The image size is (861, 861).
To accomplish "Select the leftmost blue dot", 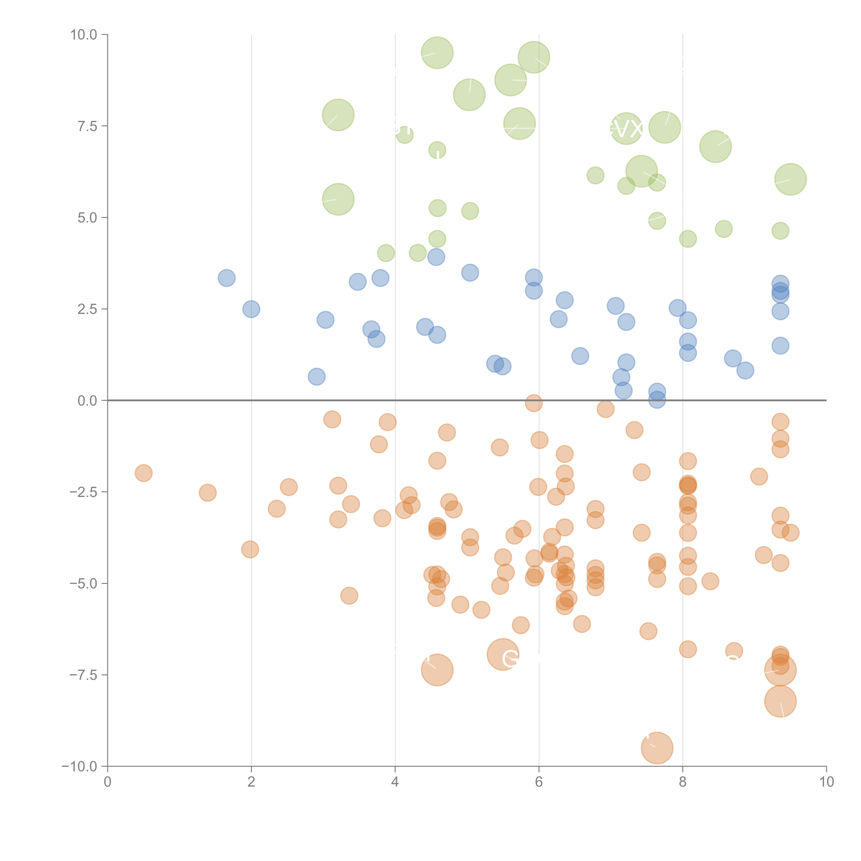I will click(x=226, y=278).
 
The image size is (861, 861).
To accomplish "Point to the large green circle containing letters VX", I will click(x=626, y=128).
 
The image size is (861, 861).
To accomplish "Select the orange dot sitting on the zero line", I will click(x=533, y=403).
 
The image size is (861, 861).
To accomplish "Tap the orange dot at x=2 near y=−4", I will click(x=250, y=549).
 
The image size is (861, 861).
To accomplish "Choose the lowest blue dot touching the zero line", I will click(x=657, y=400).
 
